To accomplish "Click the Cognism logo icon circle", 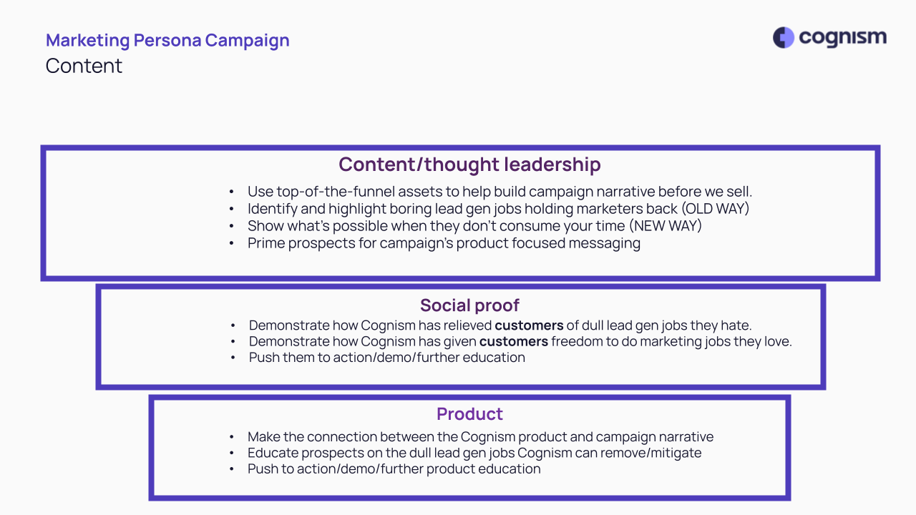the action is [783, 38].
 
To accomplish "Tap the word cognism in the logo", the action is [843, 38].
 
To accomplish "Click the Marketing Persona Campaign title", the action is [167, 40].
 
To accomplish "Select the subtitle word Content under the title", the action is [84, 66].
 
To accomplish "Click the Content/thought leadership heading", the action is [469, 165].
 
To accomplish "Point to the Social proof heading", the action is [469, 305].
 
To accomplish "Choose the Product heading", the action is [469, 414].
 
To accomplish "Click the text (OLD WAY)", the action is [715, 208].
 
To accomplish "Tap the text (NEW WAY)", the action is [666, 225].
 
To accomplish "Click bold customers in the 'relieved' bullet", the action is [529, 325].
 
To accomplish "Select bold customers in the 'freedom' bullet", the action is [514, 341].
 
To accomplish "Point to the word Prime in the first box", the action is [265, 243].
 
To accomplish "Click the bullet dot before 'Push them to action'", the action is [233, 358].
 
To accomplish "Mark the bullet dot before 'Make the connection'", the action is [232, 437].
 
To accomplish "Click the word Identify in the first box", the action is [273, 209].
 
